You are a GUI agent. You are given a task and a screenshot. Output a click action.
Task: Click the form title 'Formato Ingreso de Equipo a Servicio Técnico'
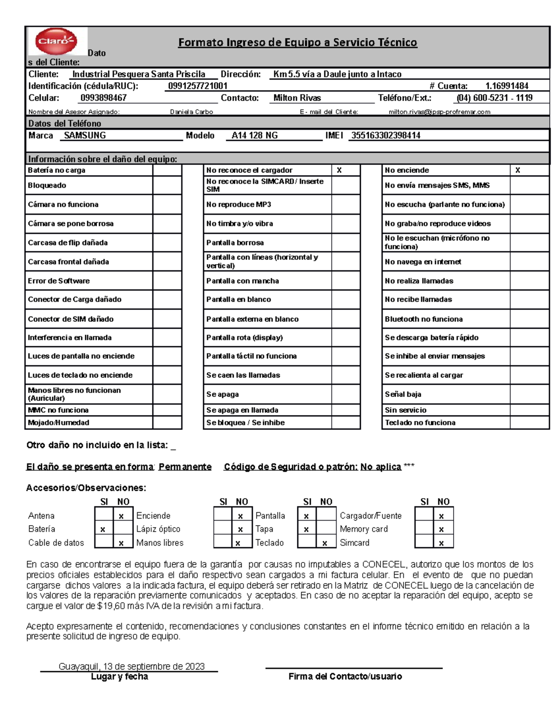pos(297,42)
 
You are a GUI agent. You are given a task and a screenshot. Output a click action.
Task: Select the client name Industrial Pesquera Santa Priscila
pos(139,74)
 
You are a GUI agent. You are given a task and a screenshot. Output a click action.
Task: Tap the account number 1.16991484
pos(507,86)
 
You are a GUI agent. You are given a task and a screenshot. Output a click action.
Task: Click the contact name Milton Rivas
pos(297,98)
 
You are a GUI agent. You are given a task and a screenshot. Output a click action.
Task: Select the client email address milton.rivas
pos(439,112)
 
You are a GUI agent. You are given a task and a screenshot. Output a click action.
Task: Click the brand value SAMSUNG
pos(85,135)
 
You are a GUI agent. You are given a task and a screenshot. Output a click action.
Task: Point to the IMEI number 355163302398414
pos(385,135)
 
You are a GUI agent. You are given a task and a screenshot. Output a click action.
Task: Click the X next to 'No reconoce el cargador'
pos(339,170)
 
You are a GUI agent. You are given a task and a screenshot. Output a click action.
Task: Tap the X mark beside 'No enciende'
pos(518,170)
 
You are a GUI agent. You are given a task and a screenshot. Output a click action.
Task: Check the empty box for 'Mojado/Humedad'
pos(167,422)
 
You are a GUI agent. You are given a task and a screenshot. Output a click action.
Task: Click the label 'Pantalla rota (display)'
pos(245,338)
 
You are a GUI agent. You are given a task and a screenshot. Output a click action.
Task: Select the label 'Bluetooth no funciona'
pos(423,319)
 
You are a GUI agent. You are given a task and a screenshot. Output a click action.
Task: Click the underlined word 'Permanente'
pos(185,467)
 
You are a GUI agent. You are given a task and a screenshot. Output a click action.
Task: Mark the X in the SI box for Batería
pos(103,529)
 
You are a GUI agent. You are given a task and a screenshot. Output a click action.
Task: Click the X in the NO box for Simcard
pos(441,543)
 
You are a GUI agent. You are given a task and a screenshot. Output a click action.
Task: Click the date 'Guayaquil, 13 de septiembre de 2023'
pos(132,666)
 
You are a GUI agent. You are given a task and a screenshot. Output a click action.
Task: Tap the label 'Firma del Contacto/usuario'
pos(345,676)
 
